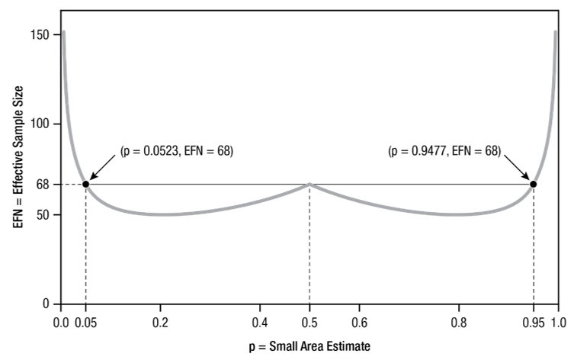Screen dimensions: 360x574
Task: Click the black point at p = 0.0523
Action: [x=85, y=184]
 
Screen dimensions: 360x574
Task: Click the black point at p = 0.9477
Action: [x=533, y=184]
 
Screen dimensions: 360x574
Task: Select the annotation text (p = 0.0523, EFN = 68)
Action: [x=176, y=152]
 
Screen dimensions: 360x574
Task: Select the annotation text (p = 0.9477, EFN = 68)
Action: [x=444, y=152]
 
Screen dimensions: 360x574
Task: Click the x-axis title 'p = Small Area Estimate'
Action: [x=309, y=347]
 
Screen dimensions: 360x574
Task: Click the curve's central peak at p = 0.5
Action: [x=309, y=184]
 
